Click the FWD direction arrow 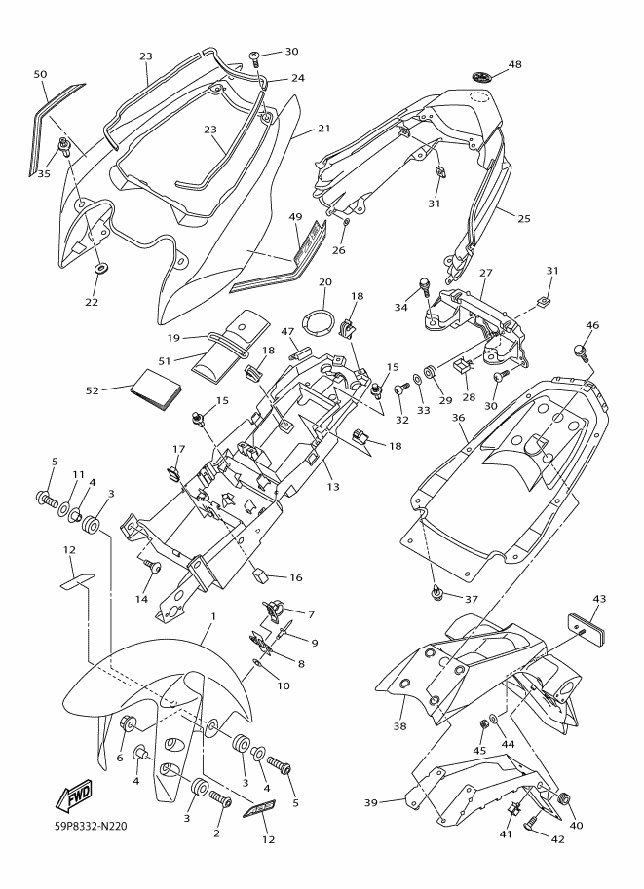(73, 796)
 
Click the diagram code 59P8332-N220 (87, 826)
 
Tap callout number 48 (514, 64)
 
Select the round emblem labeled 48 (482, 77)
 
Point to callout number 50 (40, 74)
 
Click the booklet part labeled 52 (156, 389)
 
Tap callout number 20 (325, 281)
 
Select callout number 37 (472, 599)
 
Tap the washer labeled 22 (102, 267)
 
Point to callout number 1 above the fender (213, 615)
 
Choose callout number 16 (296, 577)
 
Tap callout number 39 (371, 802)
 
